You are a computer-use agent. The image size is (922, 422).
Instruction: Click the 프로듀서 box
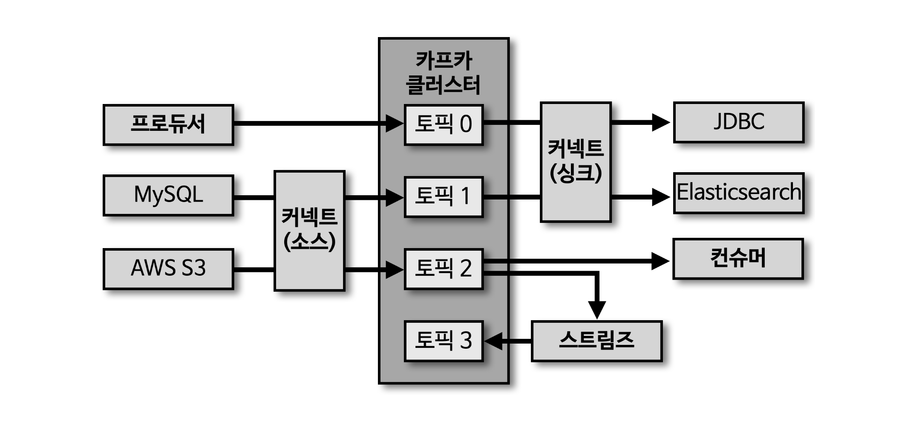pos(168,124)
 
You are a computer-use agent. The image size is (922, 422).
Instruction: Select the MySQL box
pos(168,195)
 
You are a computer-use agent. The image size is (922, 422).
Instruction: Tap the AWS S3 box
pos(168,269)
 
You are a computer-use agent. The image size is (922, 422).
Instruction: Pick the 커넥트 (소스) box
pos(309,231)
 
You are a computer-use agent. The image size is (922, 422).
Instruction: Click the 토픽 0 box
pos(443,124)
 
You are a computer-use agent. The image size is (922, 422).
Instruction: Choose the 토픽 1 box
pos(443,197)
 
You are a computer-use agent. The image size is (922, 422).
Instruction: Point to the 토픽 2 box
pos(443,269)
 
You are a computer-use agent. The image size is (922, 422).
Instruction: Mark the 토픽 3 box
pos(443,341)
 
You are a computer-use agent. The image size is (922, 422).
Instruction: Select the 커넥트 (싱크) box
pos(576,162)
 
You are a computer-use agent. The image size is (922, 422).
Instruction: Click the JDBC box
pos(738,122)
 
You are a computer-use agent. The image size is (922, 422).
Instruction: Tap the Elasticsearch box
pos(738,193)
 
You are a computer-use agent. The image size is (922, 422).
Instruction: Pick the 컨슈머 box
pos(738,259)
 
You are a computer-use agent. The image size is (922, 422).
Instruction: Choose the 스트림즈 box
pos(596,341)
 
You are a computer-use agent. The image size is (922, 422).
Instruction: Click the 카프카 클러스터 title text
pos(444,72)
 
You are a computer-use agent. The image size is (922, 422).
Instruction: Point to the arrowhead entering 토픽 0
pos(394,124)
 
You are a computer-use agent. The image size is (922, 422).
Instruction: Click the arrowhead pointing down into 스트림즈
pos(596,309)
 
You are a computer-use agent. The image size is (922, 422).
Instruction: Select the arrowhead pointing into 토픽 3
pos(493,341)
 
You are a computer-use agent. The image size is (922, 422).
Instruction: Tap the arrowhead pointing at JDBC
pos(660,122)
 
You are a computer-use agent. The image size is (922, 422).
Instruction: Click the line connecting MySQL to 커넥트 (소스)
pos(254,197)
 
